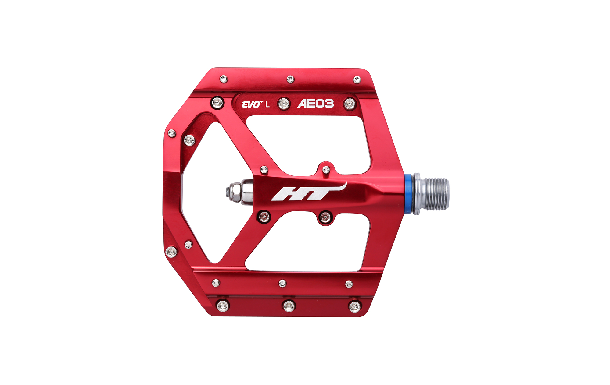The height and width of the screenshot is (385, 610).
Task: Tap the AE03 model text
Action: click(x=316, y=104)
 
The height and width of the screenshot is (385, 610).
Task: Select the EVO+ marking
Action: click(x=252, y=104)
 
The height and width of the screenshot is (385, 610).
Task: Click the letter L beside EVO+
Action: click(x=267, y=104)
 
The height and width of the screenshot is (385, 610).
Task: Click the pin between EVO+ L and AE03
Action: click(x=284, y=104)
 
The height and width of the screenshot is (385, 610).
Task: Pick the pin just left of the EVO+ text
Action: click(x=217, y=103)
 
